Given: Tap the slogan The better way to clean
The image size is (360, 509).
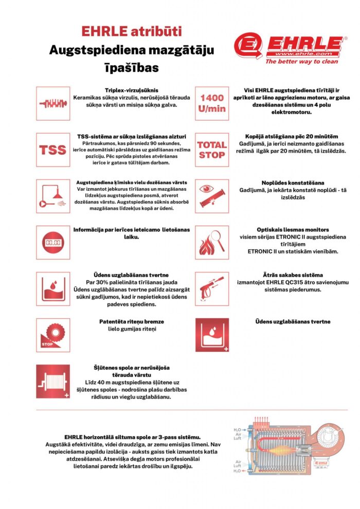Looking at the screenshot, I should point(294,61).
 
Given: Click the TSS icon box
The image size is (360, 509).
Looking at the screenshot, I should point(53,150).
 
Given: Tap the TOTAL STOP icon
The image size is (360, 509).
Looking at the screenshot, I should point(212,150).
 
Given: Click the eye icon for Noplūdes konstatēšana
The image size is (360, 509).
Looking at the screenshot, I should point(212,196).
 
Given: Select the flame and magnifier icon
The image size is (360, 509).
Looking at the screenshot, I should point(212,242).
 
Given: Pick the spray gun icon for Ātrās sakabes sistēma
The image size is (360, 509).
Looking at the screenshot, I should point(212,289).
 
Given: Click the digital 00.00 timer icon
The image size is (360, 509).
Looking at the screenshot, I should point(53,242).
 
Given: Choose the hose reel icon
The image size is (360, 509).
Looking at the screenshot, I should point(53,382).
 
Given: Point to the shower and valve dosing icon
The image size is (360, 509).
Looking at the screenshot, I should point(53,196).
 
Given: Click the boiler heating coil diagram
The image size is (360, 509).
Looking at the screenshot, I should point(281,448).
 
